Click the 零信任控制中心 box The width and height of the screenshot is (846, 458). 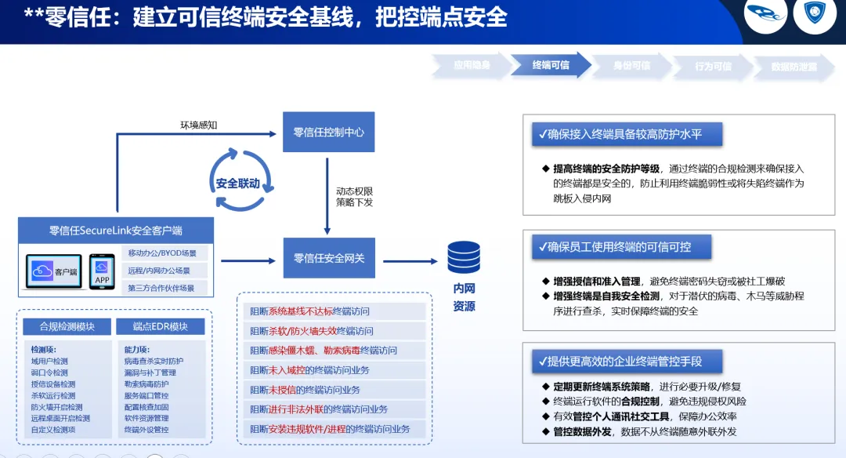coord(328,133)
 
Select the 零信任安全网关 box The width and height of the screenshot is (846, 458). coord(328,258)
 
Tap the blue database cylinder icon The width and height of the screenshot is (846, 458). coord(464,258)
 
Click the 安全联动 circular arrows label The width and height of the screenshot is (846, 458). coord(237,184)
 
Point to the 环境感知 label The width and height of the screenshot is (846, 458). coord(199,125)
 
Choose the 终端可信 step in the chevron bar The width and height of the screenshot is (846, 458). coord(551,66)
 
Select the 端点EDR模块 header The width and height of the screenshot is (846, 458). coord(161,326)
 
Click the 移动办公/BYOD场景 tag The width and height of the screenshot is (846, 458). coord(162,253)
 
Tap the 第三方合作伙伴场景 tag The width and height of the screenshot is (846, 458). coord(162,288)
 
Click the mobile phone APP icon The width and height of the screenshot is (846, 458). coord(102,271)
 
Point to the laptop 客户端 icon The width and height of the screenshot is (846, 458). coord(54,271)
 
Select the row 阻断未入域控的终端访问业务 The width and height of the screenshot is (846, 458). coord(309,369)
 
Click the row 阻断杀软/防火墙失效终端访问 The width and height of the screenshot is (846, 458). coord(312,331)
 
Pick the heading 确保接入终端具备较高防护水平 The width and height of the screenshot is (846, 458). coord(618,135)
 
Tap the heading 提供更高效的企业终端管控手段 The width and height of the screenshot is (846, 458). coord(618,362)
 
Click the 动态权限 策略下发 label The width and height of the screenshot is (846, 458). coord(354,197)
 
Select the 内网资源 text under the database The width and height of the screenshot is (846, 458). coord(464,297)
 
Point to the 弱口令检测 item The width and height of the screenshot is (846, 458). coord(49,373)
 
